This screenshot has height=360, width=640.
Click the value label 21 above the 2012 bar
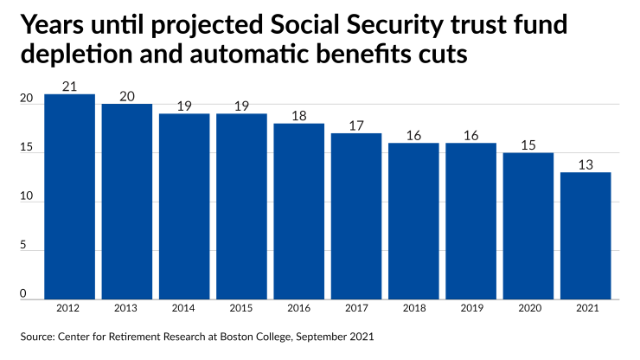[x=69, y=86]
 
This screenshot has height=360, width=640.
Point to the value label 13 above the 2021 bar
[x=586, y=164]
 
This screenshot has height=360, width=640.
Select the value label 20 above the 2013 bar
[x=126, y=96]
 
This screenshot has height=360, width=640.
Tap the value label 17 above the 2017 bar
[x=356, y=125]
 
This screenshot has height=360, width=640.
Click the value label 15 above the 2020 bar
[x=528, y=145]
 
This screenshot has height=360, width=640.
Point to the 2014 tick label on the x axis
[x=184, y=307]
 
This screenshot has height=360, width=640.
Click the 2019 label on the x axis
[x=470, y=307]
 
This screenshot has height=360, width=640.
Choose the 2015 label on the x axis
[x=241, y=307]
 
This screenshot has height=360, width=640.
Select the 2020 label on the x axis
[x=528, y=307]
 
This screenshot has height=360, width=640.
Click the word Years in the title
[x=54, y=26]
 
